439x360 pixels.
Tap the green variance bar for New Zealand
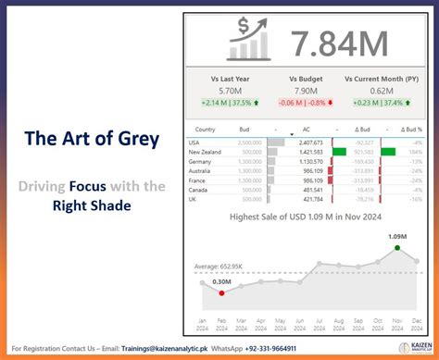click(338, 152)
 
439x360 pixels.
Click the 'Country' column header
click(206, 130)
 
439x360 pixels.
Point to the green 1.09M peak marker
click(397, 247)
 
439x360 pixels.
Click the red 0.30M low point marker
click(221, 293)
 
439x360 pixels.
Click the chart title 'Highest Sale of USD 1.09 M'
click(305, 217)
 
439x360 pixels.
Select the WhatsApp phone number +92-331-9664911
click(295, 349)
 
